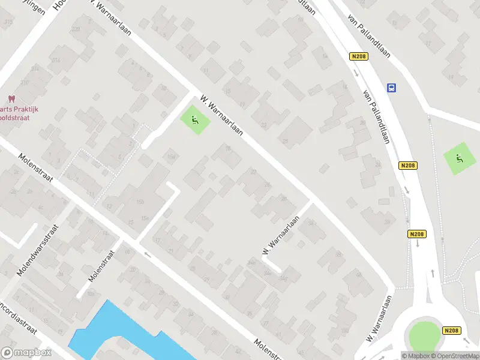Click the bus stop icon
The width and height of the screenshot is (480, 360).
(x=391, y=88)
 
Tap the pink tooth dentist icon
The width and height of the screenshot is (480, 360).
(x=10, y=99)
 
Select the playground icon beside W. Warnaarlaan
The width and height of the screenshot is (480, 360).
(x=194, y=120)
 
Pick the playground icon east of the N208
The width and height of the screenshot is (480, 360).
(x=459, y=159)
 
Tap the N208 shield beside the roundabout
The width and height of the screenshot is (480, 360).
(x=452, y=331)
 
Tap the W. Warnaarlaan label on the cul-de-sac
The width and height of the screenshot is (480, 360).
(x=280, y=235)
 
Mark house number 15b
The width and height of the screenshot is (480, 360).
(x=141, y=202)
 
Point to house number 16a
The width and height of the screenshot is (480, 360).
(x=172, y=157)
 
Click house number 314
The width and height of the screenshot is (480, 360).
(x=56, y=61)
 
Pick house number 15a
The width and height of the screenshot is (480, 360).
(x=145, y=218)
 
